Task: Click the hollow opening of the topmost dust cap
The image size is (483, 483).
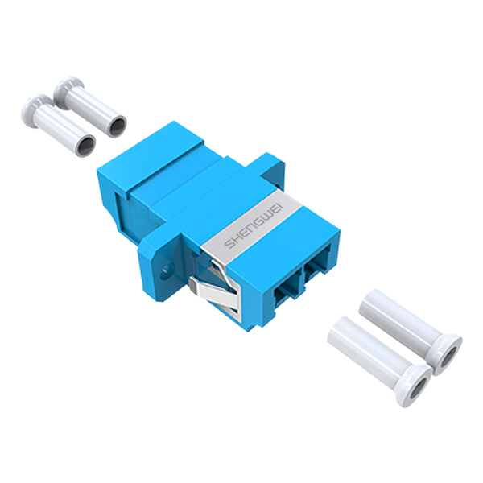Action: pos(118,125)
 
